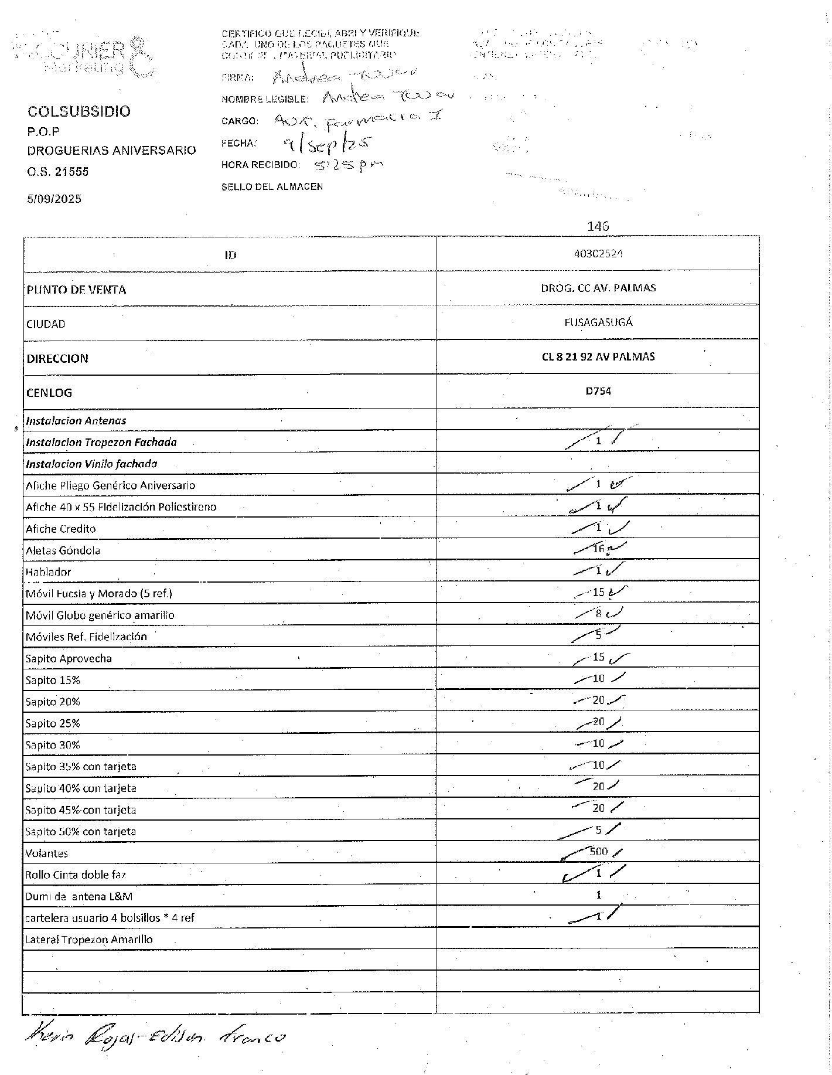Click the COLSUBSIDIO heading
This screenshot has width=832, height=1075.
click(x=79, y=111)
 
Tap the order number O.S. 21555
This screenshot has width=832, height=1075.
click(x=57, y=172)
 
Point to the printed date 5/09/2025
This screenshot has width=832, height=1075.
click(x=54, y=199)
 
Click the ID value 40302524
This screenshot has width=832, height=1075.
click(x=598, y=254)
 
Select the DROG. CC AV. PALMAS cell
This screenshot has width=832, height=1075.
click(x=598, y=288)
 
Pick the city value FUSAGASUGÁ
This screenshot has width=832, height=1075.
click(x=598, y=322)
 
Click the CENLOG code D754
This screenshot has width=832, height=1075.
click(x=598, y=391)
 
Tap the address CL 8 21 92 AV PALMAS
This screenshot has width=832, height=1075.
click(x=598, y=356)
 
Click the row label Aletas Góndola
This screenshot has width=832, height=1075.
click(x=63, y=550)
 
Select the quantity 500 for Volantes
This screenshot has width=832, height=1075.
click(x=598, y=851)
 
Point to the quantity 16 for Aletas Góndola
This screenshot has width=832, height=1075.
click(x=598, y=549)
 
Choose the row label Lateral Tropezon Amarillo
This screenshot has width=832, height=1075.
click(x=88, y=940)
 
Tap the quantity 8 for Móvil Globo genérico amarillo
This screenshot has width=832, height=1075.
click(x=598, y=614)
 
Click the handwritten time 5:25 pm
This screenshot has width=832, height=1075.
click(x=349, y=165)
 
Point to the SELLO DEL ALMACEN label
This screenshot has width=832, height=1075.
click(x=272, y=187)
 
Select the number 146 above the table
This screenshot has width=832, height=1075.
click(x=598, y=226)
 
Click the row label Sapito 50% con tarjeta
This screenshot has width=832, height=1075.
click(x=80, y=831)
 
